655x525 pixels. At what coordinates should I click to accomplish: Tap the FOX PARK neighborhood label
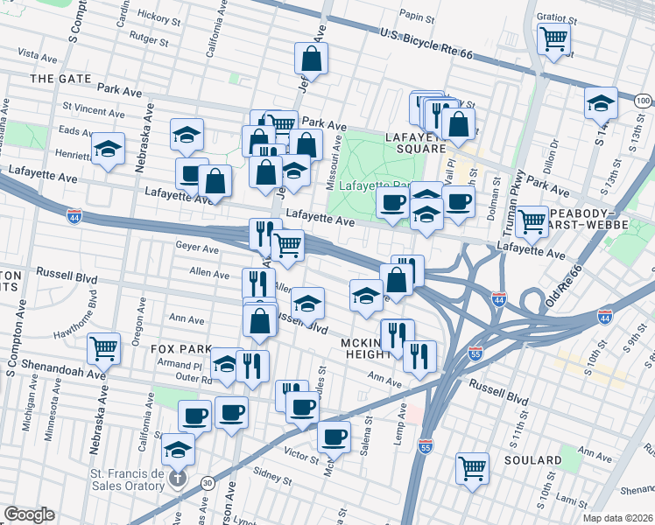tap(182, 348)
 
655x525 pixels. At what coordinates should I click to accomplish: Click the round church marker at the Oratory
tap(179, 479)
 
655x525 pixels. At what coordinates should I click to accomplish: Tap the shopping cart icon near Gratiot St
tap(553, 39)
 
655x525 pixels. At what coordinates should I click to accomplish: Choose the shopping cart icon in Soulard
tap(472, 467)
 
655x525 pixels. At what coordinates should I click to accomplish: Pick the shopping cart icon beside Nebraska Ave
tap(104, 348)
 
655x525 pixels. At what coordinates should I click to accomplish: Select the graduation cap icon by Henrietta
tap(108, 149)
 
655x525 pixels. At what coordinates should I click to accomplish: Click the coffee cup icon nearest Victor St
tap(334, 437)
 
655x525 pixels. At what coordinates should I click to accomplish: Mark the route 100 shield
tap(643, 102)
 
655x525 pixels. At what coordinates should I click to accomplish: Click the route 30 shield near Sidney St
tap(207, 481)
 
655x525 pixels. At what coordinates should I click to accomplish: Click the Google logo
tap(29, 514)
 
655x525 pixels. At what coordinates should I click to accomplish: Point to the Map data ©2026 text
tap(618, 518)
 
